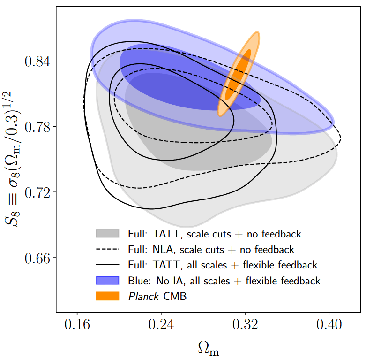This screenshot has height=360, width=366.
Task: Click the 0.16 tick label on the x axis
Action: [77, 325]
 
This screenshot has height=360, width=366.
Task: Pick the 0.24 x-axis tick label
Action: [161, 325]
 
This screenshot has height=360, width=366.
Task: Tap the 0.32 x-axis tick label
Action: [245, 325]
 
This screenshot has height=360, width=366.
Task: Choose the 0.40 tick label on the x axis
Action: [329, 325]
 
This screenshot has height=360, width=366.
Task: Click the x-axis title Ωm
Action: [208, 348]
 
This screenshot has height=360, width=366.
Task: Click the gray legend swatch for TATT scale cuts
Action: [109, 233]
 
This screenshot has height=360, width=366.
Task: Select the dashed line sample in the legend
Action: [109, 249]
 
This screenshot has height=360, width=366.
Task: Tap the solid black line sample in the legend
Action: [109, 265]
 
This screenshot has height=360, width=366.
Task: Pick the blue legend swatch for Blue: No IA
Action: [109, 281]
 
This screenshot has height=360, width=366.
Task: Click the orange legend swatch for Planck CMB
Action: [109, 296]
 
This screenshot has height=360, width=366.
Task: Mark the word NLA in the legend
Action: [160, 249]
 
